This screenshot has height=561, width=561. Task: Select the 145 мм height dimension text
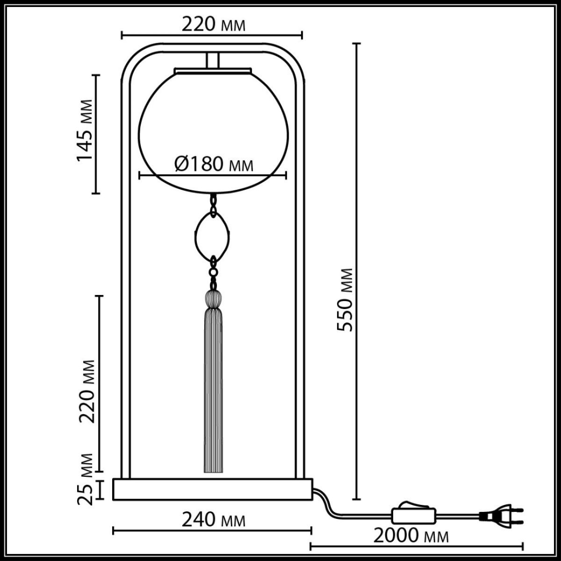click(x=86, y=130)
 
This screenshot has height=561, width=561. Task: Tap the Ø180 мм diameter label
click(x=214, y=164)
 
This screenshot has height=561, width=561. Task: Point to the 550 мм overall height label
click(x=346, y=300)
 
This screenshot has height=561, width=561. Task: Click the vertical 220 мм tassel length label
click(x=86, y=391)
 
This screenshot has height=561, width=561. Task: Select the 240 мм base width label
click(x=213, y=519)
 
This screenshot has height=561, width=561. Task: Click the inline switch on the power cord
click(x=414, y=515)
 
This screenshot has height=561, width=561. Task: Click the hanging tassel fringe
click(x=213, y=393)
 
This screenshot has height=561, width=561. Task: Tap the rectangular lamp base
click(x=213, y=489)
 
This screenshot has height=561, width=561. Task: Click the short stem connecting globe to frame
click(x=213, y=61)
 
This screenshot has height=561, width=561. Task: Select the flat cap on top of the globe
click(x=213, y=71)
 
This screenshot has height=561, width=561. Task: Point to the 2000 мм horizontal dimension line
click(x=416, y=545)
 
